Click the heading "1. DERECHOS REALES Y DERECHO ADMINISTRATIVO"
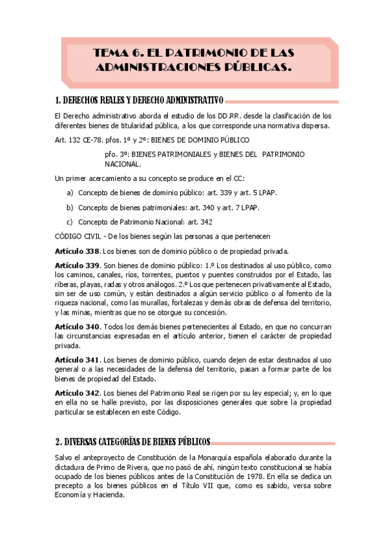[140, 100]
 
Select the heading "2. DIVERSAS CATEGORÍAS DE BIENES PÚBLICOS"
[132, 442]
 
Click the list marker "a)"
[70, 193]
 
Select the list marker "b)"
[70, 207]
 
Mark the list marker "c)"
[70, 222]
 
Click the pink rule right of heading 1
[278, 100]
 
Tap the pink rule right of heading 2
[272, 443]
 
